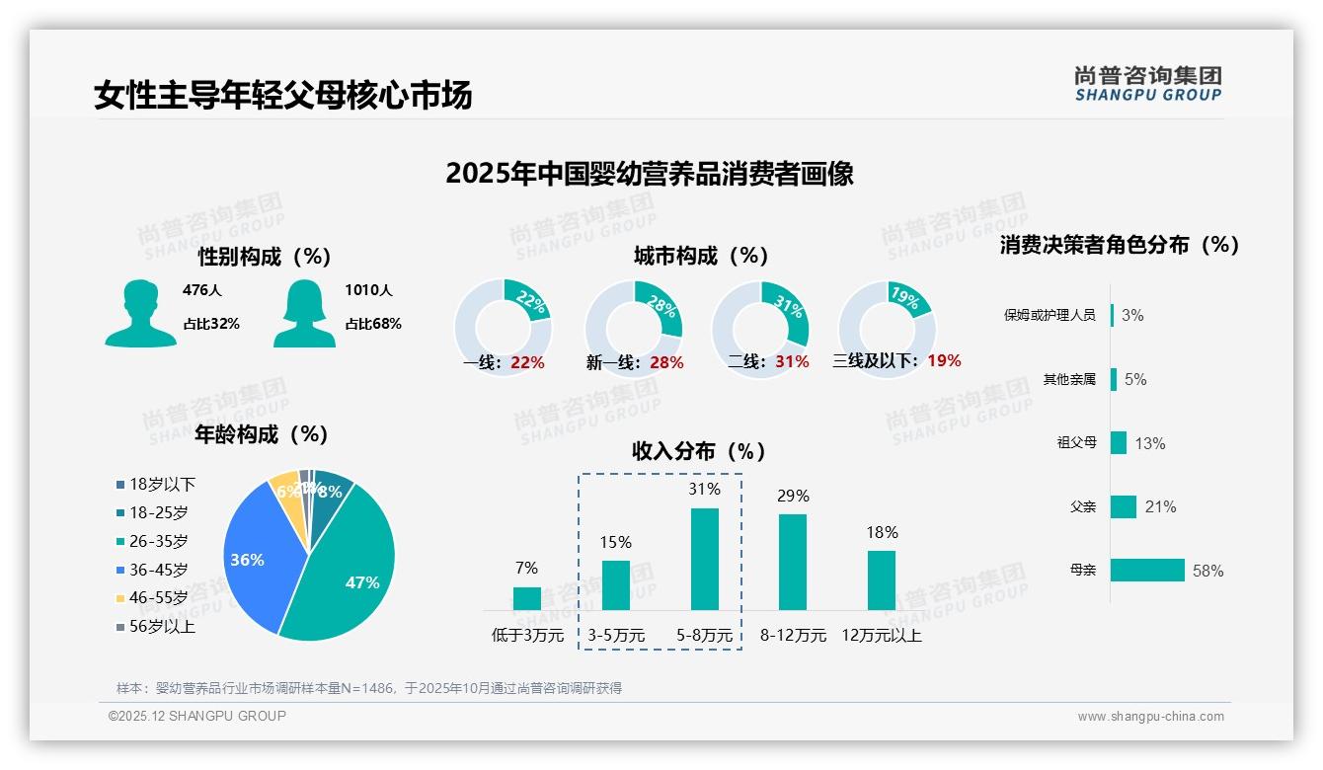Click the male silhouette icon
tap(140, 314)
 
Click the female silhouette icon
tap(304, 314)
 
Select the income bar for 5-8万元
tap(705, 559)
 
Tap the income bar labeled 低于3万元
tap(527, 598)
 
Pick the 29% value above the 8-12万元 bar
tap(793, 496)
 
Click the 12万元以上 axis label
tap(882, 636)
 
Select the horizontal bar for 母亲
tap(1147, 570)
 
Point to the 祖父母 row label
tap(1076, 442)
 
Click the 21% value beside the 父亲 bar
tap(1160, 506)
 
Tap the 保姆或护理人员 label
tap(1050, 315)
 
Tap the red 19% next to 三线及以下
tap(944, 360)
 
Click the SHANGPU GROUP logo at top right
tap(1147, 84)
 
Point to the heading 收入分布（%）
tap(699, 451)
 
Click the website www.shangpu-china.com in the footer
tap(1150, 717)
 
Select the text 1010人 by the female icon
tap(368, 290)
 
